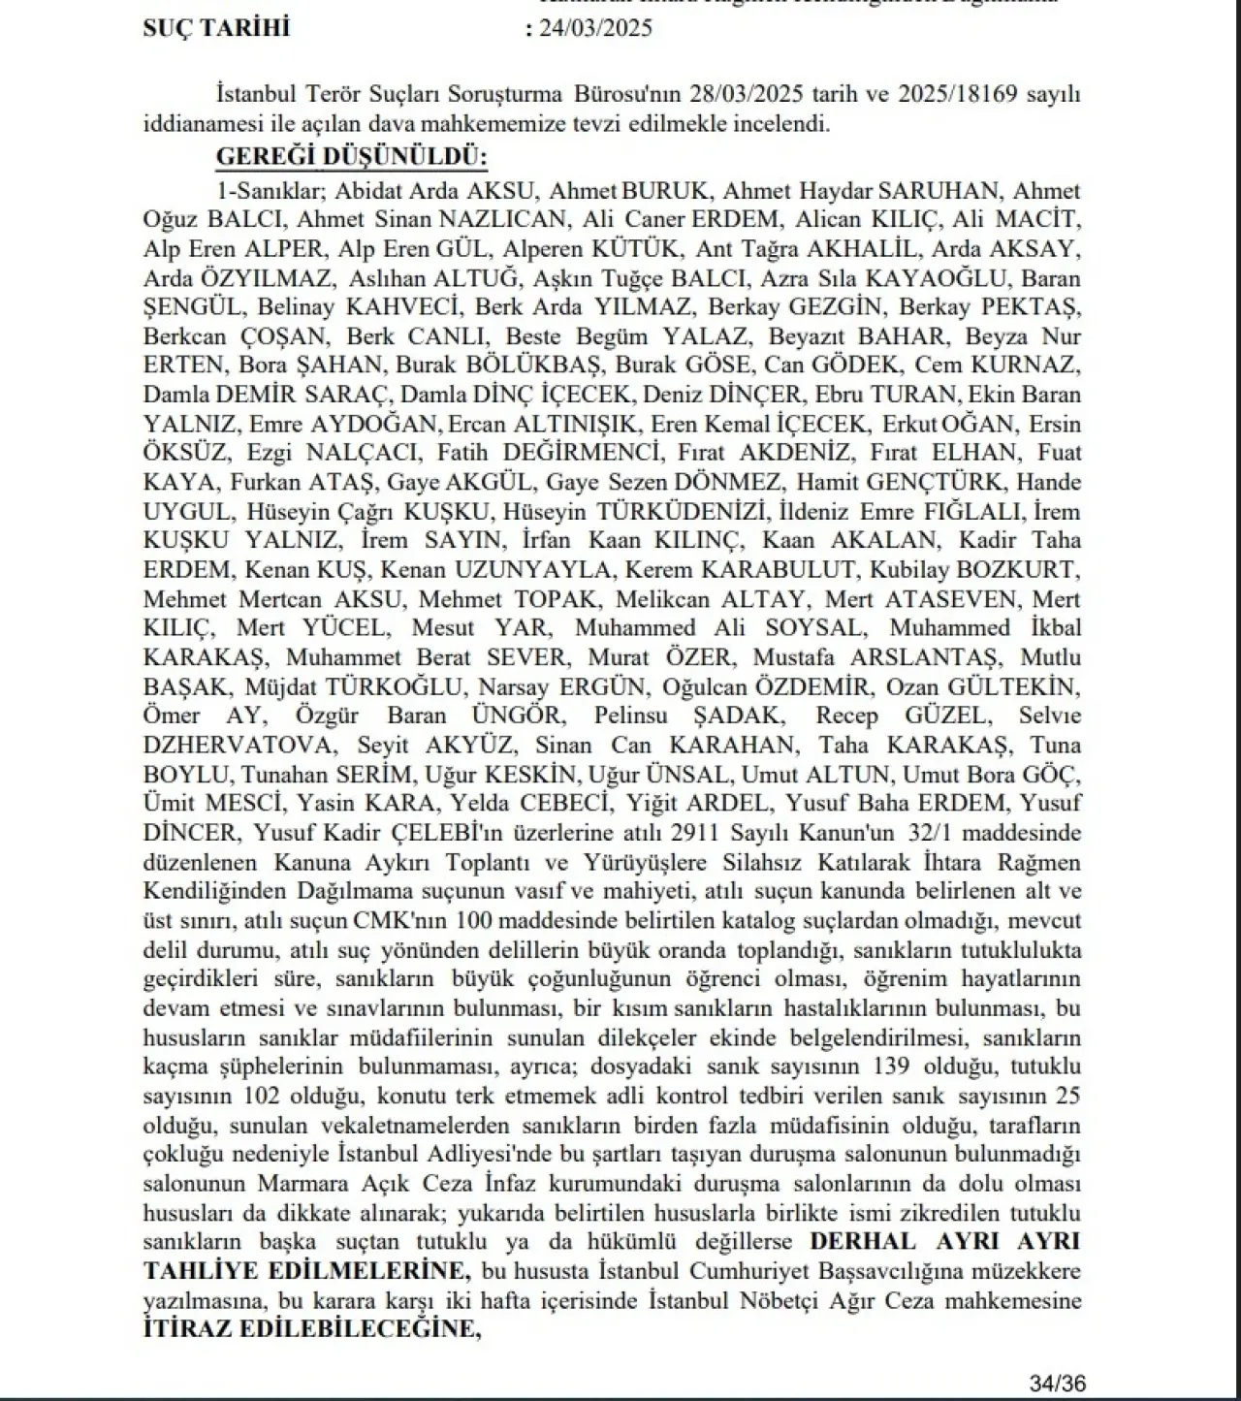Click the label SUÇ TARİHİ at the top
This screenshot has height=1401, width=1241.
pyautogui.click(x=215, y=27)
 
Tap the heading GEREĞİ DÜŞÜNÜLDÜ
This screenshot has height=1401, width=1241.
pyautogui.click(x=351, y=157)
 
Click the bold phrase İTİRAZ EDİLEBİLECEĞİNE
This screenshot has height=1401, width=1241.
pyautogui.click(x=311, y=1329)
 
